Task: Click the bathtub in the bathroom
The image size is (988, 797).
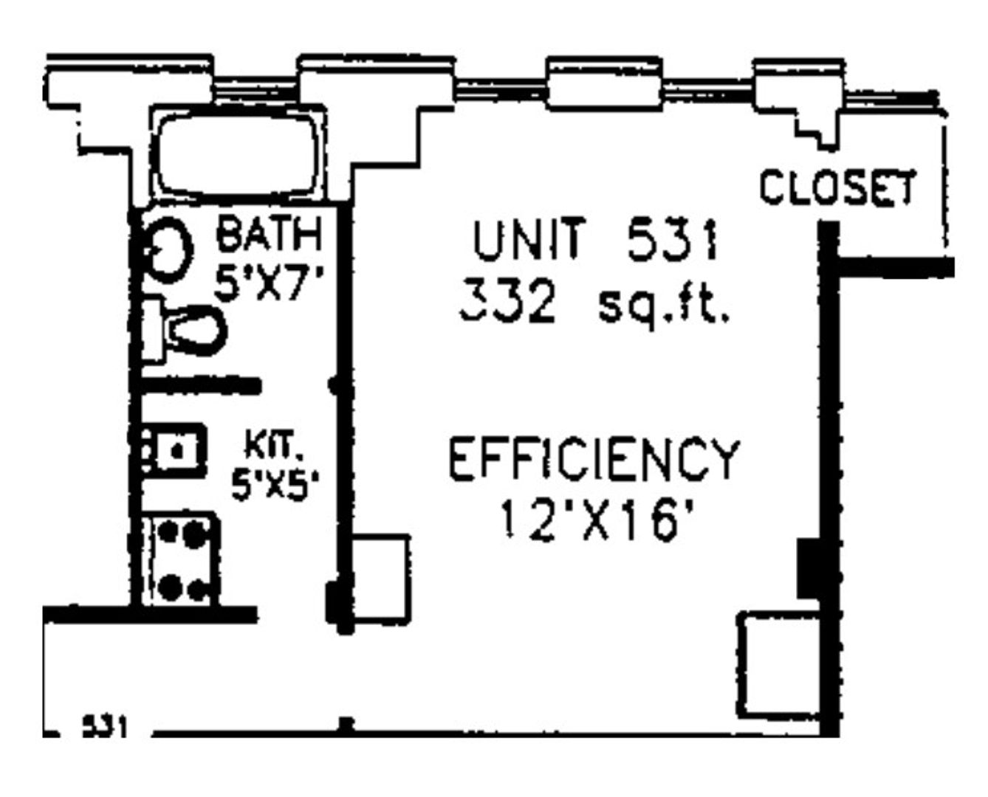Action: (238, 154)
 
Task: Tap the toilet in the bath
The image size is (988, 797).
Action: (184, 330)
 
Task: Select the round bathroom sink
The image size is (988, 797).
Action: (167, 250)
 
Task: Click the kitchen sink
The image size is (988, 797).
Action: (173, 451)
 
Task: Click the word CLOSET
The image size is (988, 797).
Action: (837, 187)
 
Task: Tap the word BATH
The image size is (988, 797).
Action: (269, 234)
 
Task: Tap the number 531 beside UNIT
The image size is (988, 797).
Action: (673, 240)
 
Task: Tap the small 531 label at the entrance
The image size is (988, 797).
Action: (104, 727)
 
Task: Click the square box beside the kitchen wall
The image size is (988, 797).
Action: (381, 577)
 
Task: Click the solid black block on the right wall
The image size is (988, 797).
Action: (809, 568)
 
